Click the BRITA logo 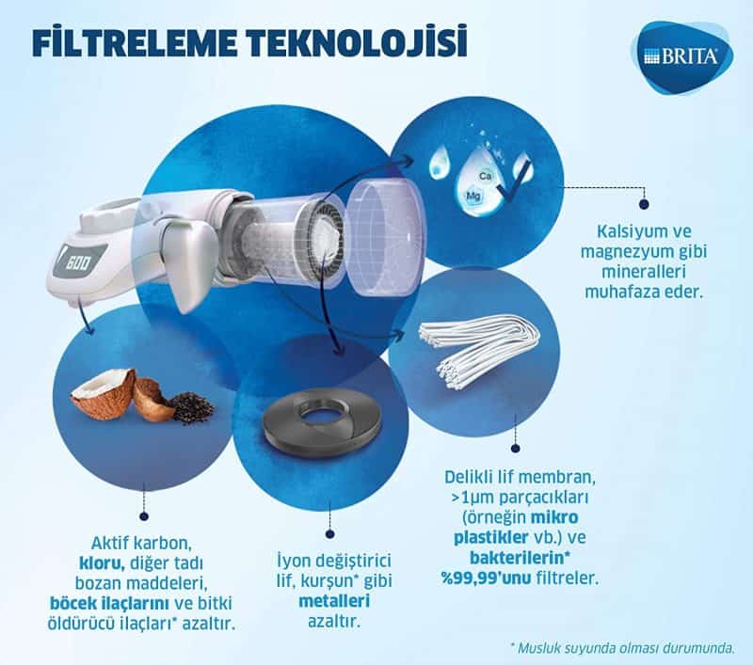pos(684,55)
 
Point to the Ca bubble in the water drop pos(487,176)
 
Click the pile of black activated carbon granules pos(192,406)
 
